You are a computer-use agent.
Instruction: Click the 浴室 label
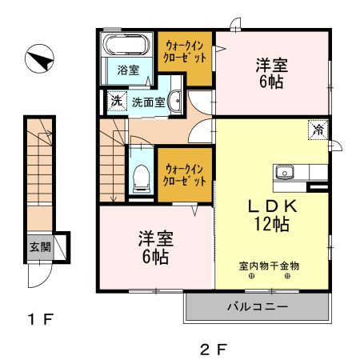pyautogui.click(x=127, y=70)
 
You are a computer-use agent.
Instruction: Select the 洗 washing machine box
pyautogui.click(x=116, y=101)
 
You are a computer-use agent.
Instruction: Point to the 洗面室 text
pyautogui.click(x=148, y=102)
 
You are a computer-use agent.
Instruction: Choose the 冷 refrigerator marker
pyautogui.click(x=318, y=128)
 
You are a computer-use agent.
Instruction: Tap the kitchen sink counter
pyautogui.click(x=300, y=172)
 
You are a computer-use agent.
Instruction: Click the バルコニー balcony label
pyautogui.click(x=257, y=306)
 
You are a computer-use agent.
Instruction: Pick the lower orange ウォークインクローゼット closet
pyautogui.click(x=185, y=174)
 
